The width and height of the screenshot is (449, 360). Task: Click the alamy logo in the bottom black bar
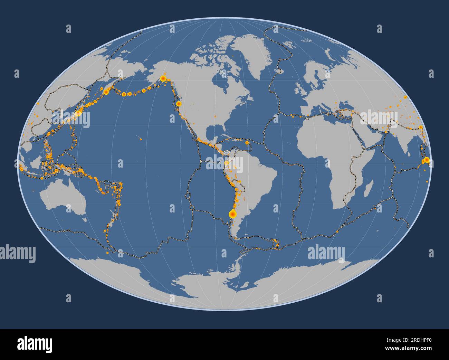(35, 344)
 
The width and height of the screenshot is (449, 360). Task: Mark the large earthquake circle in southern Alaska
(163, 78)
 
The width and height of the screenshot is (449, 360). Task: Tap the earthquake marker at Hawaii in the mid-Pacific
(141, 139)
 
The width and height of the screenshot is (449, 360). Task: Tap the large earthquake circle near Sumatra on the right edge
(427, 160)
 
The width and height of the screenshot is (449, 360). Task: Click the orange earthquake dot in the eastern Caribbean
(247, 142)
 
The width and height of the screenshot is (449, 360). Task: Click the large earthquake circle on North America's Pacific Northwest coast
(178, 104)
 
